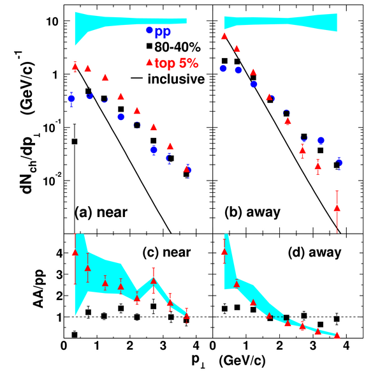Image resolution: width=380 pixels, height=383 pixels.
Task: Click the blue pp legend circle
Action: pyautogui.click(x=149, y=30)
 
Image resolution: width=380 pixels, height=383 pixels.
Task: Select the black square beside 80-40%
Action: pyautogui.click(x=149, y=46)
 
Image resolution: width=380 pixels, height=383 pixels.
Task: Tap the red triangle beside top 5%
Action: pyautogui.click(x=149, y=63)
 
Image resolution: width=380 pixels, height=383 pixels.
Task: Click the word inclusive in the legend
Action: pyautogui.click(x=176, y=79)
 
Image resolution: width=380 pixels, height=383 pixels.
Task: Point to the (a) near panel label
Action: pyautogui.click(x=101, y=213)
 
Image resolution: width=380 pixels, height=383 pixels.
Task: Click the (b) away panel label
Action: pyautogui.click(x=252, y=213)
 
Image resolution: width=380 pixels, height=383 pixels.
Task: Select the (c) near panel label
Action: pyautogui.click(x=166, y=252)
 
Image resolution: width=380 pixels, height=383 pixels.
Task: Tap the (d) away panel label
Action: pyautogui.click(x=314, y=252)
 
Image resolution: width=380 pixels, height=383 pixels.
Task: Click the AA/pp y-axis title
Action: pyautogui.click(x=38, y=289)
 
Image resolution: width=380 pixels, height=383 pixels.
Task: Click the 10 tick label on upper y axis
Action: pyautogui.click(x=52, y=22)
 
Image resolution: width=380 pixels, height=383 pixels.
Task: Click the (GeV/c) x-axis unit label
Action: pyautogui.click(x=242, y=361)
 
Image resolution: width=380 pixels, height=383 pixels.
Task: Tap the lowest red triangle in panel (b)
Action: pyautogui.click(x=337, y=208)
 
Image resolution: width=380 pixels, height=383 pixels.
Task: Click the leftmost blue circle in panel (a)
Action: pyautogui.click(x=71, y=99)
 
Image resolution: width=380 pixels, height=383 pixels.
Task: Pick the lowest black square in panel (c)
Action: pyautogui.click(x=75, y=335)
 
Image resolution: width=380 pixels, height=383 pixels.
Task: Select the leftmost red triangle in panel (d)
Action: pyautogui.click(x=224, y=252)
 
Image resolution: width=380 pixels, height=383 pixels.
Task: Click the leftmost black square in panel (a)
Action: pyautogui.click(x=75, y=142)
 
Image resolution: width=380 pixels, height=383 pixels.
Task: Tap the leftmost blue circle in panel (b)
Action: pyautogui.click(x=223, y=69)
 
